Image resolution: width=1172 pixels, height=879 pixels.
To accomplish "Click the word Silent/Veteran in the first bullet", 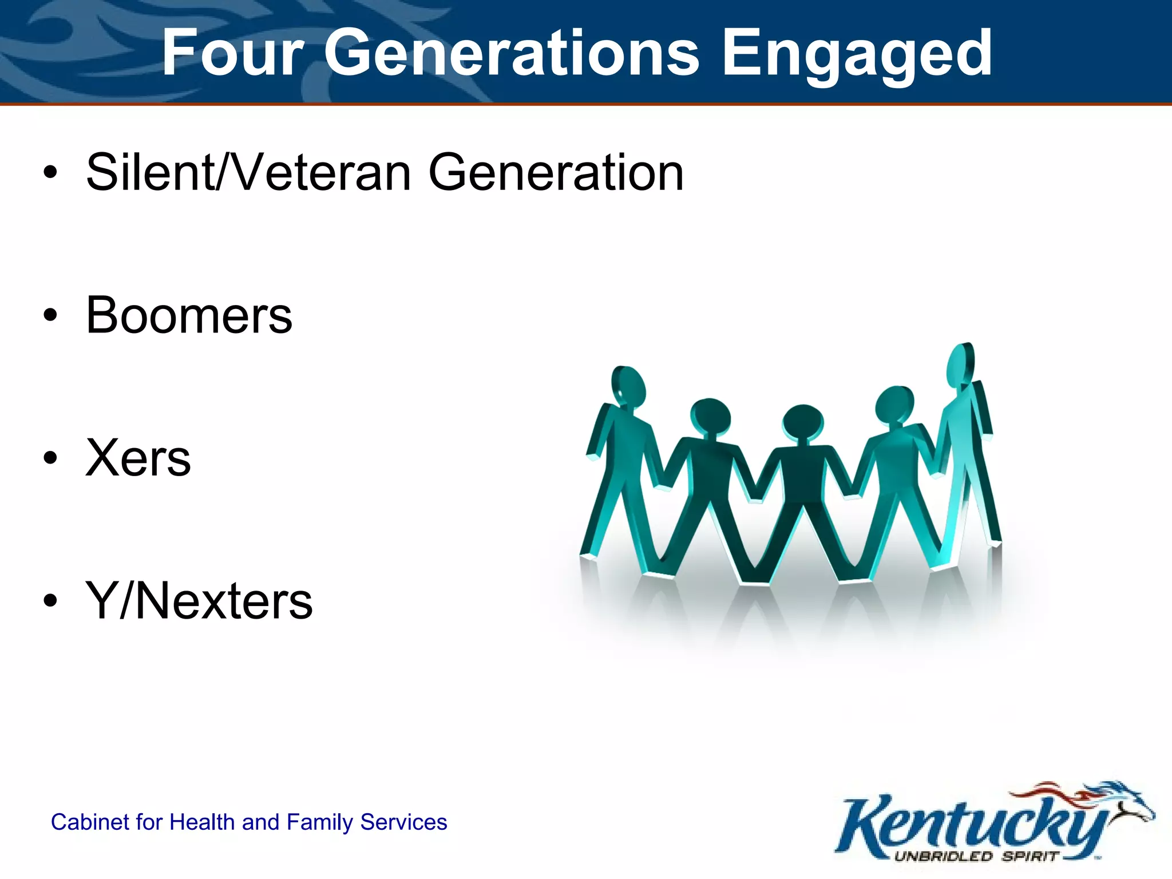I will pyautogui.click(x=248, y=172).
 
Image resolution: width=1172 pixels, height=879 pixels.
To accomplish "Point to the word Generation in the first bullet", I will pyautogui.click(x=556, y=172).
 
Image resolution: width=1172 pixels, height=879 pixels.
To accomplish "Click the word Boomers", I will pyautogui.click(x=189, y=315).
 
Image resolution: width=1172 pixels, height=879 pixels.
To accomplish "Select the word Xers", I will pyautogui.click(x=138, y=458).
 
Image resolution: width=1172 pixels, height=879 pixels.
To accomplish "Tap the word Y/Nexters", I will pyautogui.click(x=199, y=601).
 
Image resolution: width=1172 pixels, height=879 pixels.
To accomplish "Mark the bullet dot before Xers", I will pyautogui.click(x=50, y=458).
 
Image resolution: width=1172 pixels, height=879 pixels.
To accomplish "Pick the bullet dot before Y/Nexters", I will pyautogui.click(x=50, y=601).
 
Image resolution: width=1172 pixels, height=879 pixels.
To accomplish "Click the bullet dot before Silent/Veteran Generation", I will pyautogui.click(x=50, y=172).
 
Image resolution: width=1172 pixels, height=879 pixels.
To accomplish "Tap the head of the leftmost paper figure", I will pyautogui.click(x=628, y=385).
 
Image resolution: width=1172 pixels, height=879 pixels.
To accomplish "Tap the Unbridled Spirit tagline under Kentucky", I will pyautogui.click(x=976, y=857).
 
